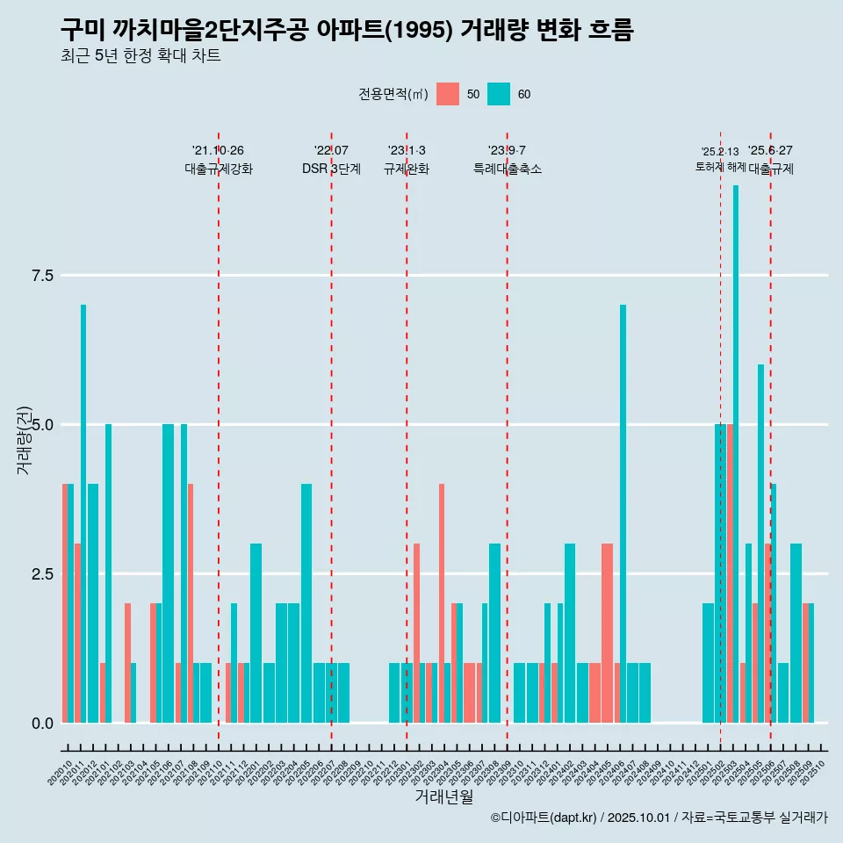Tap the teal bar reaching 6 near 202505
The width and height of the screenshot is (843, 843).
coord(760,544)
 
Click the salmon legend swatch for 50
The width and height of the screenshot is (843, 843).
coord(448,94)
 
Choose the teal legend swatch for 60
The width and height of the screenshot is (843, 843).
coord(499,94)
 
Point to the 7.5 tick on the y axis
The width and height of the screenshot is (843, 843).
coord(43,276)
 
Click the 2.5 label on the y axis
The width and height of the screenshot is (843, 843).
coord(43,574)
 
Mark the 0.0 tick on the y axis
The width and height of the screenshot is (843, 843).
coord(43,724)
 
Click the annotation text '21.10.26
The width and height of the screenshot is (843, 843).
coord(218,150)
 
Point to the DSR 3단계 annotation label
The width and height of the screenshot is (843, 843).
coord(331,169)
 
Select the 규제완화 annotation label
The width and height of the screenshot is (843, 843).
coord(407,169)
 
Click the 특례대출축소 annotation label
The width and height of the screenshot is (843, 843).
coord(507,169)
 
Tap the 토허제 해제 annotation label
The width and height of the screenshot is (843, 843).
coord(720,167)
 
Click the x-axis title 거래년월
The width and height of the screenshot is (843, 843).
coord(443,797)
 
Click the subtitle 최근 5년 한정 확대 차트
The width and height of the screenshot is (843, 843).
coord(140,56)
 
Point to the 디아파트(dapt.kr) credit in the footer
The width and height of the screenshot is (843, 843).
coord(544,818)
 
